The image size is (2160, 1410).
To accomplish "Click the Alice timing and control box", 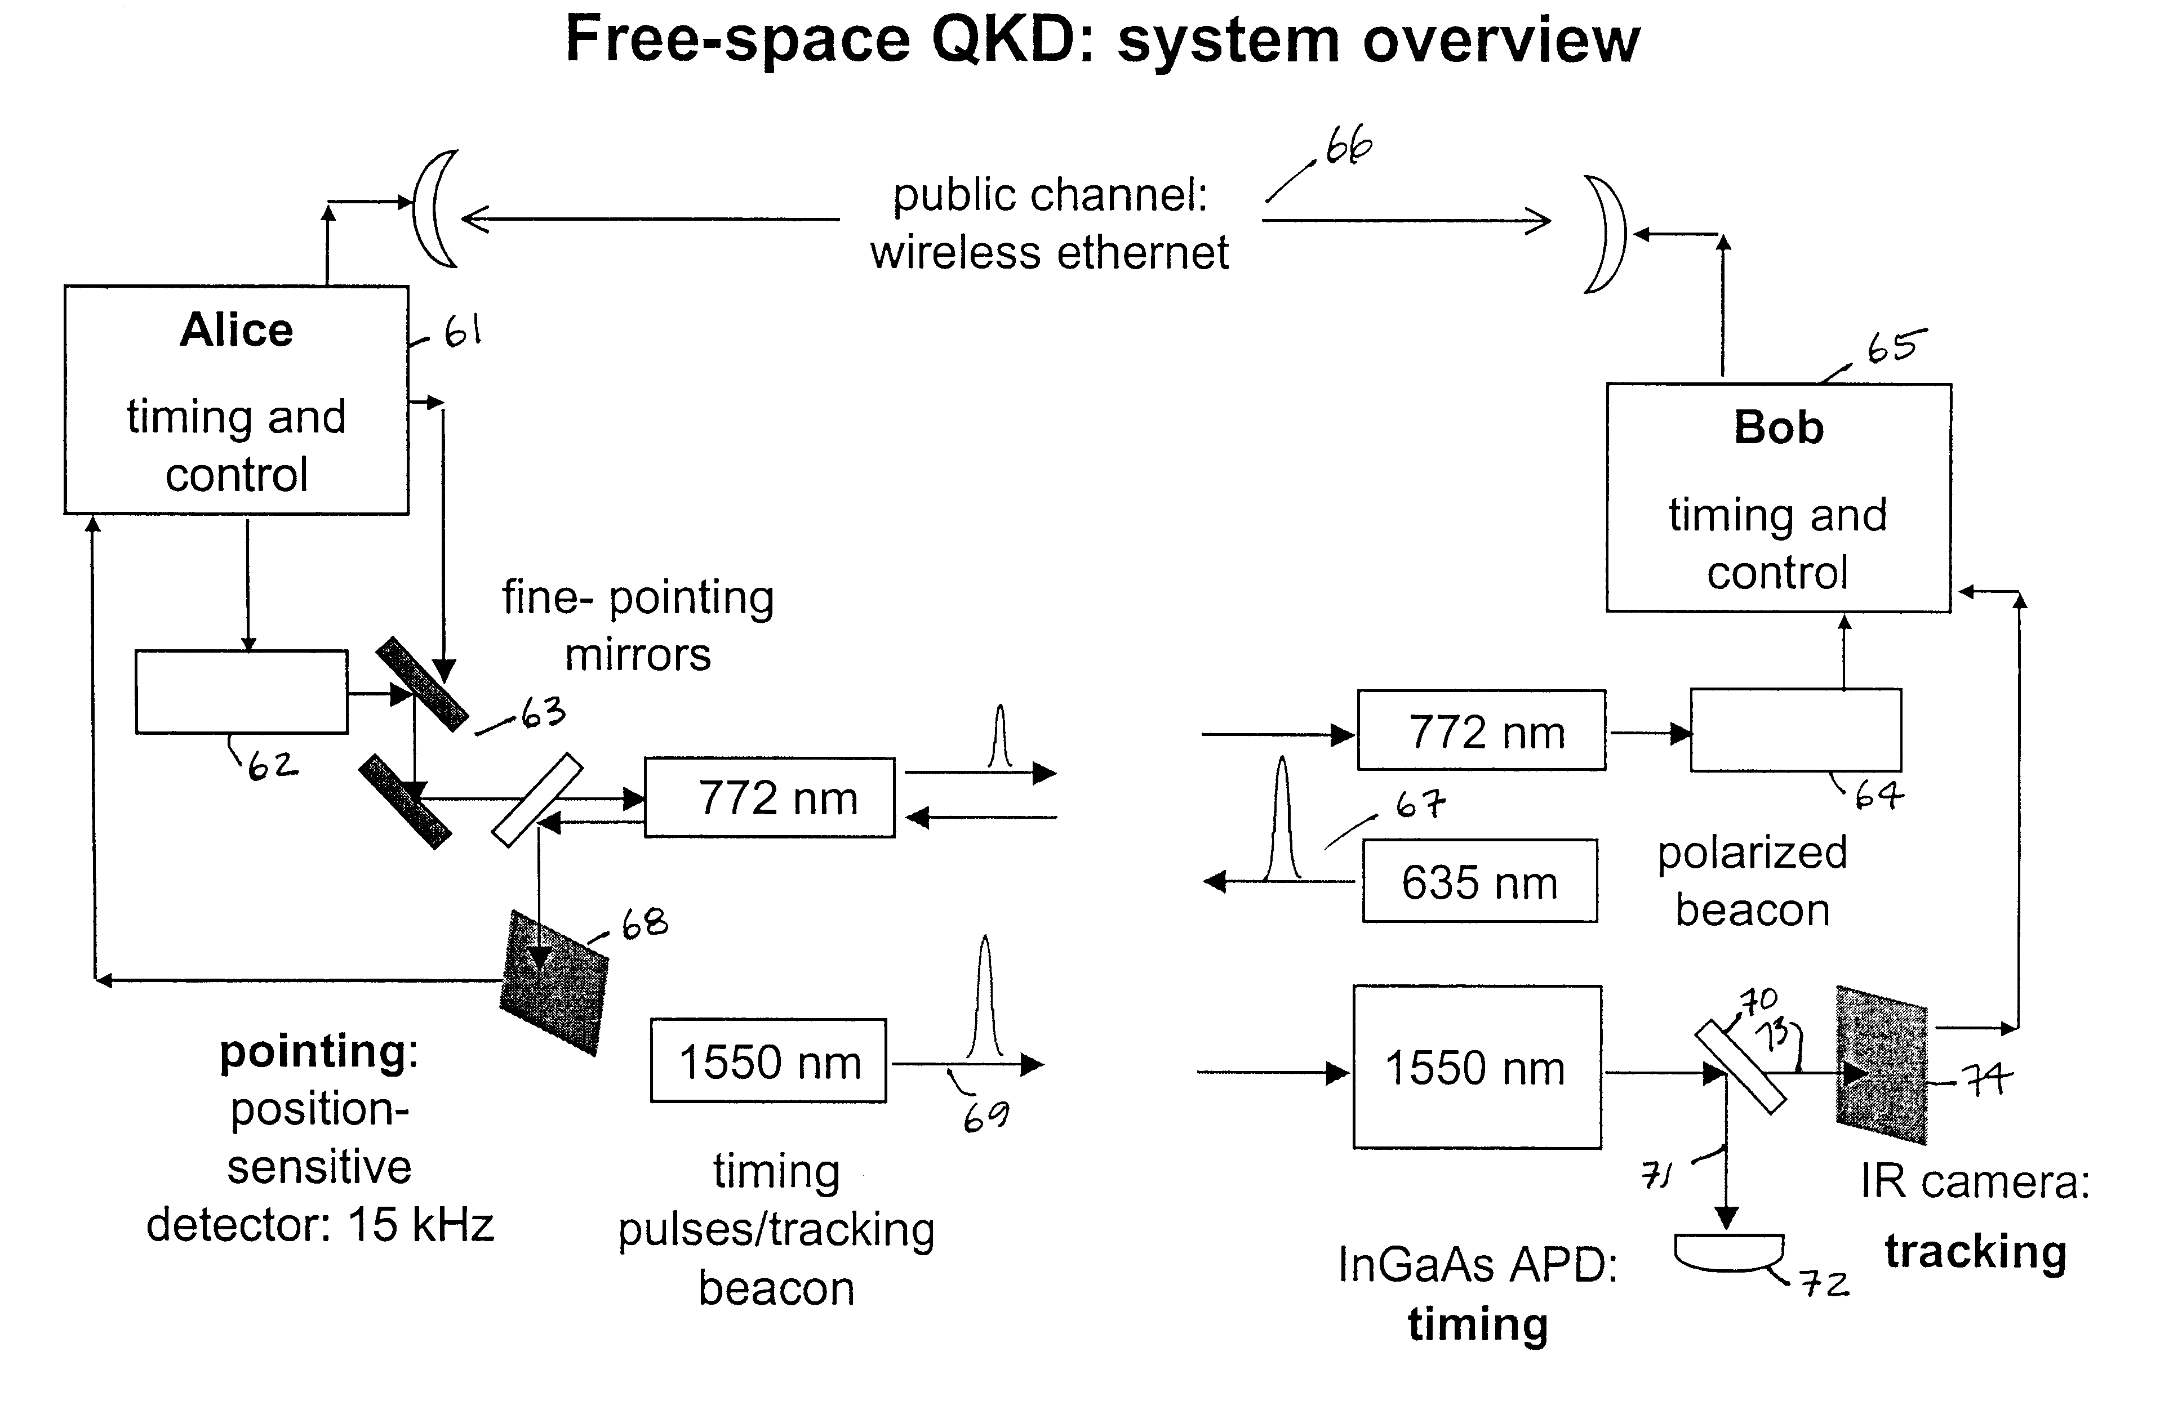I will pos(236,400).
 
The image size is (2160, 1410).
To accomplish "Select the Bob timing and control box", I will pos(1778,497).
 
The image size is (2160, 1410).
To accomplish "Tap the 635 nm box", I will pos(1479,881).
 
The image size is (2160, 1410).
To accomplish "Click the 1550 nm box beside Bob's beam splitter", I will pos(1477,1067).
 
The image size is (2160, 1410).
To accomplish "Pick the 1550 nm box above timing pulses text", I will pos(768,1061).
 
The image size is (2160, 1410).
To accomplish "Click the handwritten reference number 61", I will pos(462,333).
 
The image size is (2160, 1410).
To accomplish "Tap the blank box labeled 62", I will pos(242,691).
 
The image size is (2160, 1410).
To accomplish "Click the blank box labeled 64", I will pos(1795,730).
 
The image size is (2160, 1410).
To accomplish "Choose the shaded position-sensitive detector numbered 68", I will pos(554,983).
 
